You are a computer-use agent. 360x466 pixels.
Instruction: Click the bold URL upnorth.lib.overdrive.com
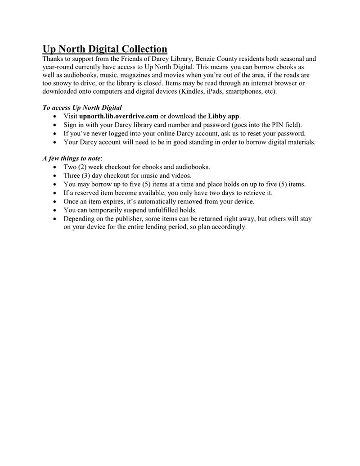pyautogui.click(x=119, y=116)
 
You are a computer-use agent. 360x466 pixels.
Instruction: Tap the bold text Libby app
pyautogui.click(x=224, y=116)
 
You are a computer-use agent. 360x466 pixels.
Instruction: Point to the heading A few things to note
pyautogui.click(x=72, y=158)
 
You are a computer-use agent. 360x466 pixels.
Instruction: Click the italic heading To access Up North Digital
pyautogui.click(x=82, y=108)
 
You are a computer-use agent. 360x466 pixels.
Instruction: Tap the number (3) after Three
pyautogui.click(x=88, y=176)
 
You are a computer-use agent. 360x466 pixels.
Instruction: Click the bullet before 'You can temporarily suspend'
pyautogui.click(x=54, y=210)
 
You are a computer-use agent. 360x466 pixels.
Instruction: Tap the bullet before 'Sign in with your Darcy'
pyautogui.click(x=54, y=125)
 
